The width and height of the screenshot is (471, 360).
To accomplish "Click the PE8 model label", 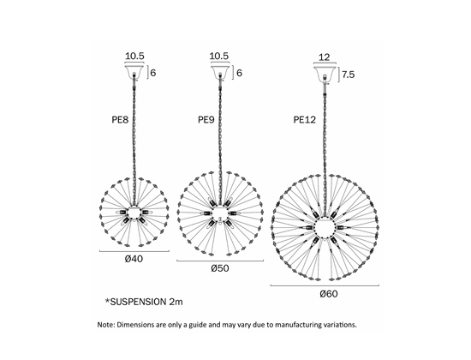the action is coord(120,120).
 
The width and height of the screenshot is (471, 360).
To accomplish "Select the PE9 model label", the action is coord(206,120).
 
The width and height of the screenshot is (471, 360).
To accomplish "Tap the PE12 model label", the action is coord(305,120).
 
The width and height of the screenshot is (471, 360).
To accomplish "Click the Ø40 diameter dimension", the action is coord(134,259).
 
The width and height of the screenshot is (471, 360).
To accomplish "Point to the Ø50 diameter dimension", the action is coord(220,268).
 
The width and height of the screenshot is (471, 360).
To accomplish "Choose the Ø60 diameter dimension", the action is coord(329,294).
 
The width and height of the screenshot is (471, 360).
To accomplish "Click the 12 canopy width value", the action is coord(324,57).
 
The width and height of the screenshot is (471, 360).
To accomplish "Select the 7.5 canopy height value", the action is coord(349,75).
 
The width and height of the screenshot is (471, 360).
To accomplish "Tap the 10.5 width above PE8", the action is coord(134,56).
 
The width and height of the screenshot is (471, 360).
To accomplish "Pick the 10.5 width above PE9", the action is coord(219,56).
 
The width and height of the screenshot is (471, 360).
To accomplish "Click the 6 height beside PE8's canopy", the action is coord(153,73).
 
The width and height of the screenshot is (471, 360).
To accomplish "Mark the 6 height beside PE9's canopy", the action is coord(239,73).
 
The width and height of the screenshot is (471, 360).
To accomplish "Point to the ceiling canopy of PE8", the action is coord(134,71).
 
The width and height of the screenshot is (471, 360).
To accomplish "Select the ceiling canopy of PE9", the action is coord(220,71).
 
